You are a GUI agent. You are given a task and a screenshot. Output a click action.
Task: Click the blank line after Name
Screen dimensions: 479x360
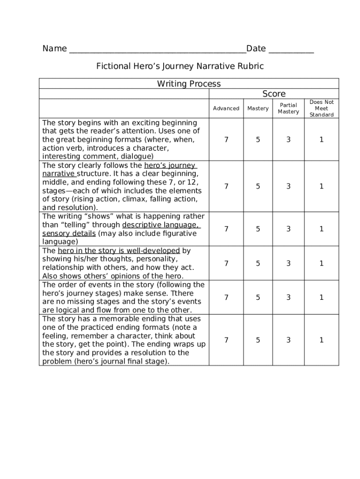[x=157, y=50]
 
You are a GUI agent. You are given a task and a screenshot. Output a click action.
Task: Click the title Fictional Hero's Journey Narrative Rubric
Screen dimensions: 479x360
[x=180, y=66]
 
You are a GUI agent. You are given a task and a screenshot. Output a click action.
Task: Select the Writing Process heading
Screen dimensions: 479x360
[x=189, y=84]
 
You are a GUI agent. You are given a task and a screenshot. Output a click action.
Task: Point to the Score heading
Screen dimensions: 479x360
[x=274, y=94]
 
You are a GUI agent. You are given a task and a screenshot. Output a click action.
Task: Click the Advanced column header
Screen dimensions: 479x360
[x=226, y=109]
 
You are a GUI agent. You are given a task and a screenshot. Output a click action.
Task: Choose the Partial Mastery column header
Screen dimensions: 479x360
[x=288, y=109]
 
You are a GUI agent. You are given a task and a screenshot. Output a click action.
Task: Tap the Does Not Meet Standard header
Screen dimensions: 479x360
[x=322, y=109]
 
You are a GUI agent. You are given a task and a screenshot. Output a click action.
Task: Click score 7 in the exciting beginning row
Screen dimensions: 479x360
[x=226, y=139]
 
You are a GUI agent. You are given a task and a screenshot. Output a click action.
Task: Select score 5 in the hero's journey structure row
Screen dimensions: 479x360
[x=258, y=186]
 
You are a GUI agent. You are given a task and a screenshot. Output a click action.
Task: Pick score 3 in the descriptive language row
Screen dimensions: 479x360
[x=288, y=229]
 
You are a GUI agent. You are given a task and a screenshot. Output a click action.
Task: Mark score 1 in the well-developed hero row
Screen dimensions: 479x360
[x=322, y=263]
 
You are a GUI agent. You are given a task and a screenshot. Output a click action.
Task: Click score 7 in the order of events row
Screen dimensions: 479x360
[x=226, y=298]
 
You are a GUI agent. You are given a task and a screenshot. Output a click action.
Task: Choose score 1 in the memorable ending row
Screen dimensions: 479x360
[x=322, y=340]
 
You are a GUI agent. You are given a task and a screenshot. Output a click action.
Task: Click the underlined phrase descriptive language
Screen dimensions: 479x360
[x=160, y=225]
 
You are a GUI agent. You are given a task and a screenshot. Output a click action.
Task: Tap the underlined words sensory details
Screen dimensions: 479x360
[x=69, y=233]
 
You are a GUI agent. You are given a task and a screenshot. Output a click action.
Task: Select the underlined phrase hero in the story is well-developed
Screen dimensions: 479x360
[x=119, y=251]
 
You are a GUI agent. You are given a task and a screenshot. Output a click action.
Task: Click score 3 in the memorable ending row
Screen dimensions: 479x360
[x=288, y=340]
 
